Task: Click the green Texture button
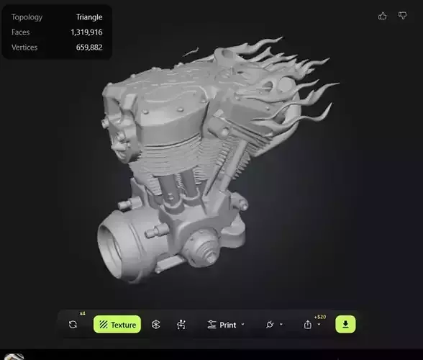coord(117,325)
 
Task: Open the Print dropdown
coord(226,325)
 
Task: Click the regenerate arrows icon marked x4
coord(73,325)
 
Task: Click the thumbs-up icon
coord(382,16)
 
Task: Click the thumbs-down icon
coord(402,16)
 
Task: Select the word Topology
coord(27,17)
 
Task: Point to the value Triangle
coord(89,17)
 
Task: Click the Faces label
coord(20,32)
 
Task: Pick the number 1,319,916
coord(86,32)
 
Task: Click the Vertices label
coord(24,48)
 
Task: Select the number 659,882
coord(89,48)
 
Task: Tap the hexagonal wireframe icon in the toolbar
coord(156,325)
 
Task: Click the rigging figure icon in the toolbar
coord(181,325)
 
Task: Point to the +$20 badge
coord(320,317)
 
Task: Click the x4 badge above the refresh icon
coord(82,313)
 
